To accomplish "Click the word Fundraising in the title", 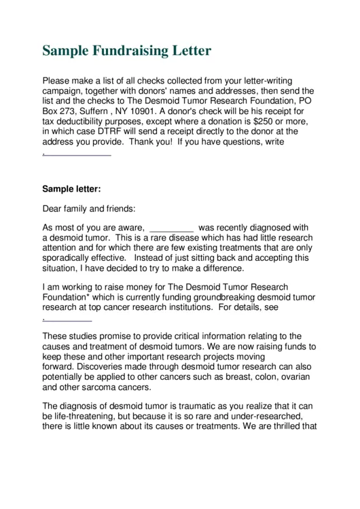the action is [x=126, y=51].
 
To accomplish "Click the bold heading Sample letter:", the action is [x=71, y=189].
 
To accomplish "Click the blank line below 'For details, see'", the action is [x=68, y=319].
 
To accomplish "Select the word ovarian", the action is [x=294, y=378].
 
